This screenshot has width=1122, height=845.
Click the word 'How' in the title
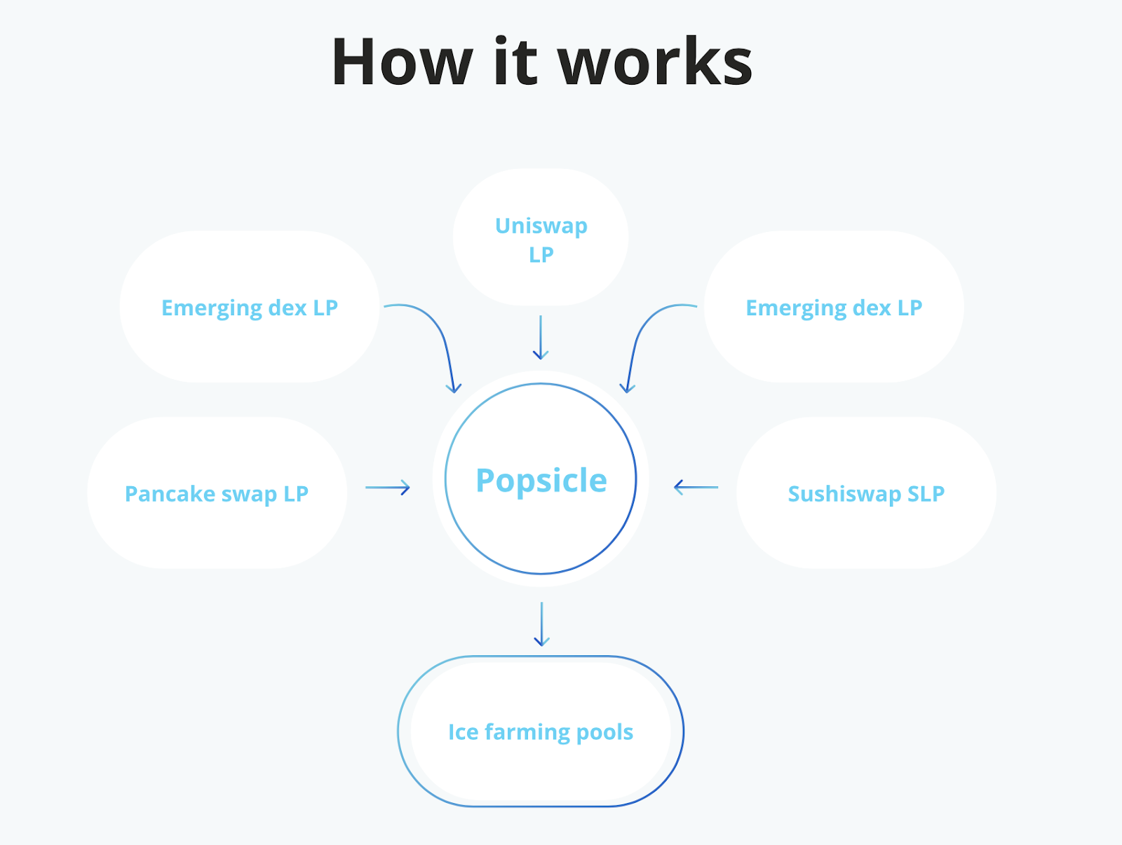401,63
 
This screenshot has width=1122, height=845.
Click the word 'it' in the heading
515,63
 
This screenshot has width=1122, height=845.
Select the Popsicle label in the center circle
541,481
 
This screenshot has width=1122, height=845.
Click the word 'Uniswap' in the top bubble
541,226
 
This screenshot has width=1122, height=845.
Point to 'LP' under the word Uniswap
541,254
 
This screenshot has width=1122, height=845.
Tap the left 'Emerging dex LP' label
250,308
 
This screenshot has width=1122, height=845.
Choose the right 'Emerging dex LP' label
834,308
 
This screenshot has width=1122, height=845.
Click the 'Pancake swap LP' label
217,494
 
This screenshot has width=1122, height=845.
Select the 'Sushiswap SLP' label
866,494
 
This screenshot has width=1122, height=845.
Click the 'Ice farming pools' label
541,732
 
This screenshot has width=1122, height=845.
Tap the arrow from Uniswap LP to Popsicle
541,338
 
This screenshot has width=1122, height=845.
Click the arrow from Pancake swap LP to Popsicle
388,488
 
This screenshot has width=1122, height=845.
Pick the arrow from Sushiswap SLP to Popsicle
696,487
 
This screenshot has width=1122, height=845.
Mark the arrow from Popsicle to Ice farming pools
541,624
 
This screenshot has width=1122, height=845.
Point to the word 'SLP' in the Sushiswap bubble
926,494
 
